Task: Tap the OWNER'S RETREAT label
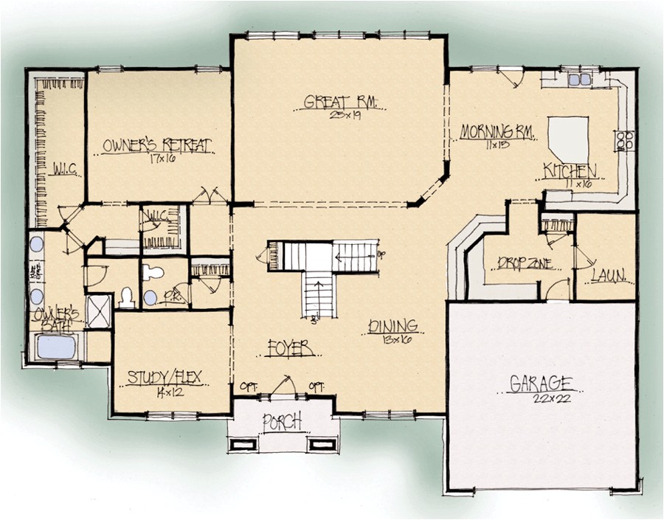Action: (158, 145)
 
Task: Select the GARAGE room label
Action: (542, 384)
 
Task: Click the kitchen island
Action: (567, 139)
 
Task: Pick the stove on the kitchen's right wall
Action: (624, 140)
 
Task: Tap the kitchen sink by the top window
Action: (579, 79)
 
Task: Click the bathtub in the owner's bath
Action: (56, 347)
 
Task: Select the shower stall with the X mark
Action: (98, 311)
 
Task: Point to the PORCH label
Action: (282, 422)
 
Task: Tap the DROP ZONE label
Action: (525, 263)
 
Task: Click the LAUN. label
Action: (609, 276)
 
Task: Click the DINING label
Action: (392, 325)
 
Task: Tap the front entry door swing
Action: (283, 386)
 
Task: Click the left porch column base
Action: (243, 443)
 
